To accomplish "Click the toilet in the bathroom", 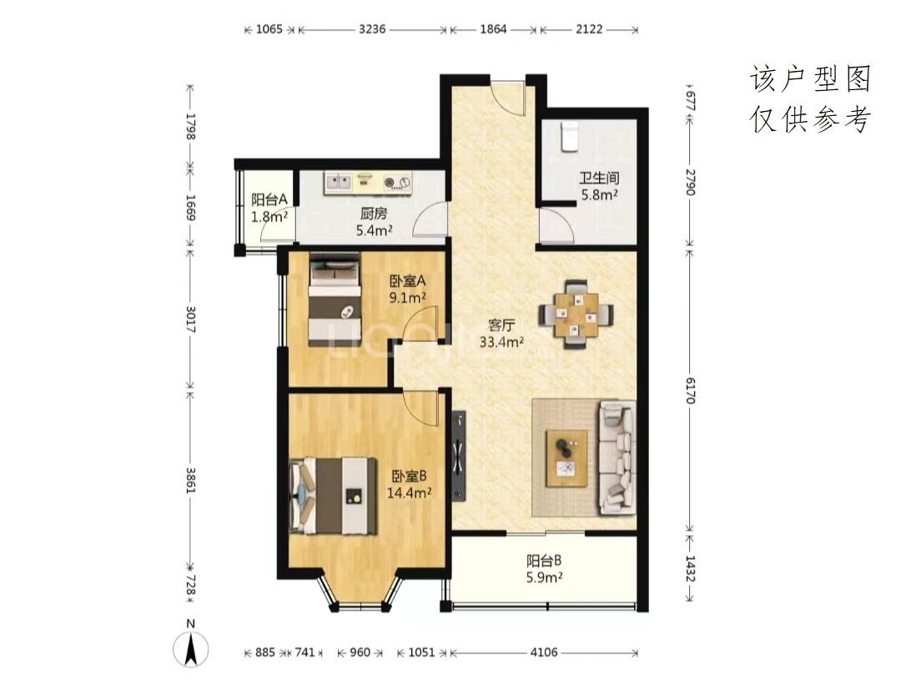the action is (569, 136).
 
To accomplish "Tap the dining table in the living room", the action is (576, 315).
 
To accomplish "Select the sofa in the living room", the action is (617, 458).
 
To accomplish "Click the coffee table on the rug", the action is (566, 459).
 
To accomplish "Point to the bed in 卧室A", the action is (335, 300).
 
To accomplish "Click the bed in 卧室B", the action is (333, 496).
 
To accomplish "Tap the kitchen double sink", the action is (338, 182).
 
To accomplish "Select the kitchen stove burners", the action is (398, 182).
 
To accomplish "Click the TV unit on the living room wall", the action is (458, 456).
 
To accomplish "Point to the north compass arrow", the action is (191, 650).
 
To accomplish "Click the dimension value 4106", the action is (544, 652).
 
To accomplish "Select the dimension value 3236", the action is (372, 29).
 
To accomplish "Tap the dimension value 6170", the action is (690, 390).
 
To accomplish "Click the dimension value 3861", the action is (190, 481).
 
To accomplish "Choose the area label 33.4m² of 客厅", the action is (501, 342).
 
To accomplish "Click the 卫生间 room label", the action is (599, 179).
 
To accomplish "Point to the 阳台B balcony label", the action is (544, 561).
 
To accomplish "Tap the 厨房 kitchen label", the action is (374, 214).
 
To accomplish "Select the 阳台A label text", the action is (269, 199).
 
